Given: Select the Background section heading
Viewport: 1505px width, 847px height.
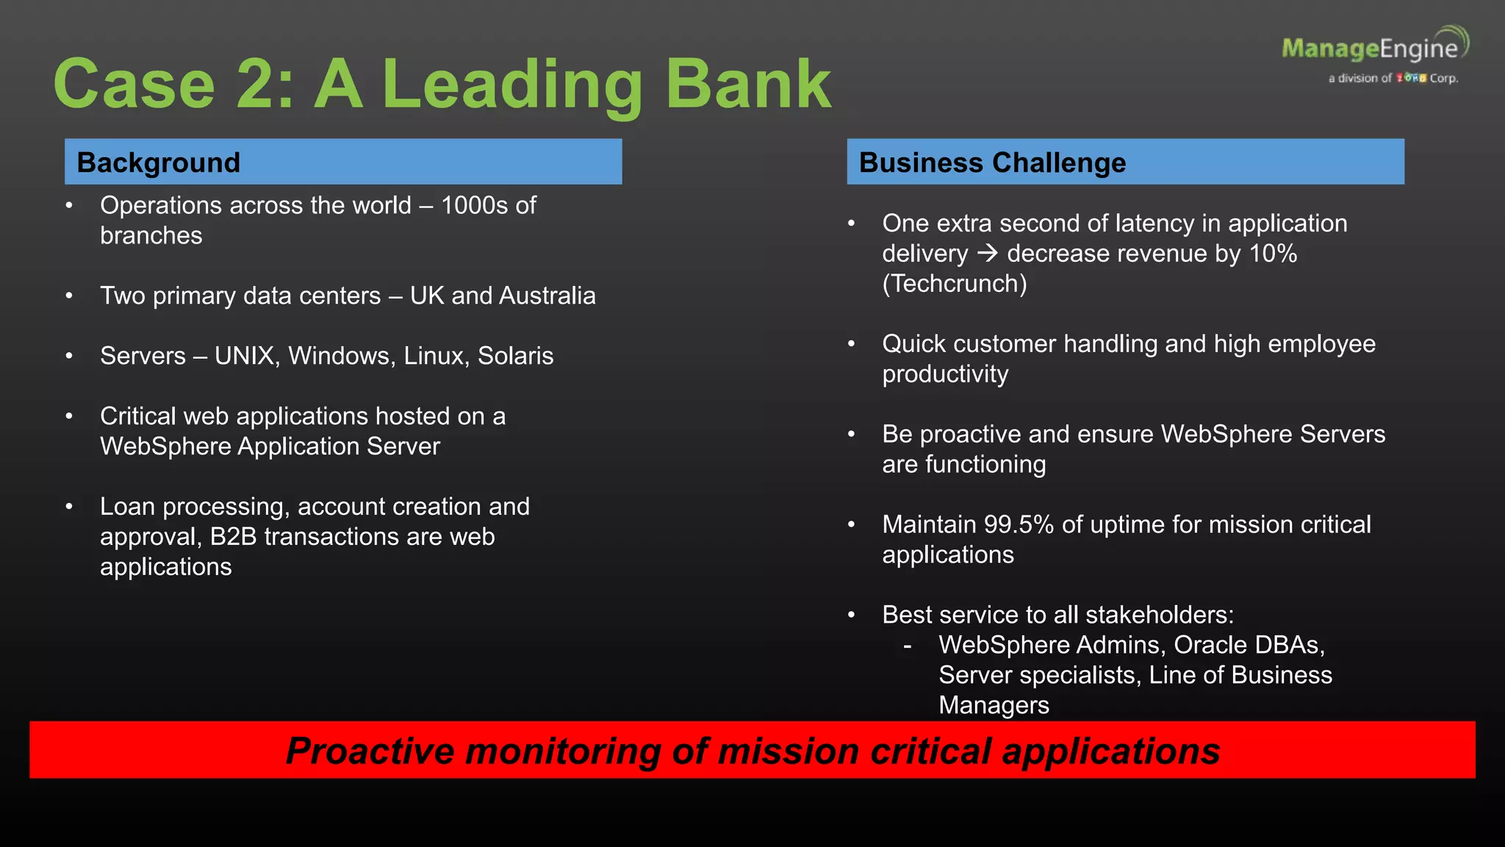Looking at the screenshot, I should coord(159,162).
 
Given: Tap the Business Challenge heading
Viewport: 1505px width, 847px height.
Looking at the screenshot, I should coord(992,162).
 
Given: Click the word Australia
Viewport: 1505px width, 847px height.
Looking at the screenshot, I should coord(547,296).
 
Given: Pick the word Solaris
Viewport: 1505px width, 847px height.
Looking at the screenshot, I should coord(515,357).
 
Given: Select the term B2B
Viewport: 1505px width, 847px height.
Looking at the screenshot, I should coord(233,537).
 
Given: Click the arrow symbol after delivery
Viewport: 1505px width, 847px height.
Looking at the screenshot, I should coord(988,254).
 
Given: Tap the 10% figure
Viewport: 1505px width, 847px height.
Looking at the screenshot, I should coord(1273,254).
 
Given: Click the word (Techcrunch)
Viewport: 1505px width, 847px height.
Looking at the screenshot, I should coord(954,284).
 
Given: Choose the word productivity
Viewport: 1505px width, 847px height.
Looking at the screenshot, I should coord(945,374).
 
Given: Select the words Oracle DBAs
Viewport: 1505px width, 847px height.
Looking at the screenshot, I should coord(1249,646).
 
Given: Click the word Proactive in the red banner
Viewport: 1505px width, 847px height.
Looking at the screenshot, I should coord(370,751).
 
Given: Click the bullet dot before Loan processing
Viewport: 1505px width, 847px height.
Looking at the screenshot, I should coord(69,507).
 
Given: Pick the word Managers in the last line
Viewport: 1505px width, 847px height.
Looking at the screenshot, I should coord(994,706).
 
